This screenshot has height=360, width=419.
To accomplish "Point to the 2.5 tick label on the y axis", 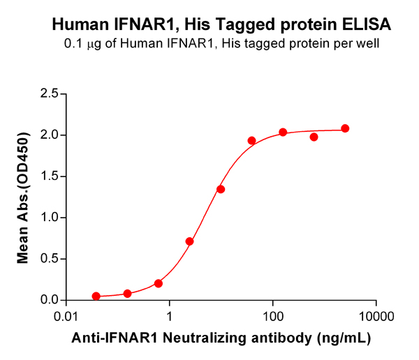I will (48, 93).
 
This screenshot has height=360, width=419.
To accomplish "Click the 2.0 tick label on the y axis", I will (48, 135).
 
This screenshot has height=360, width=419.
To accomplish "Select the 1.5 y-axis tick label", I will (48, 176).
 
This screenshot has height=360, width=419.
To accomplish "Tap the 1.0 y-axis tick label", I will (48, 217).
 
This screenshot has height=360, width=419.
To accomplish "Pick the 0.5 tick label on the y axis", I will (48, 259).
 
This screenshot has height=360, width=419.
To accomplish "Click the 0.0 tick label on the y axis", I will (48, 300).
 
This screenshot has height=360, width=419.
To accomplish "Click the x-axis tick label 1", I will (169, 315).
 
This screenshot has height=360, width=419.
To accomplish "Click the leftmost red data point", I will (96, 297).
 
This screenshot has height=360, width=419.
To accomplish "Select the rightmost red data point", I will (345, 128).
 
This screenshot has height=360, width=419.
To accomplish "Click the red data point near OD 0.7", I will (189, 241).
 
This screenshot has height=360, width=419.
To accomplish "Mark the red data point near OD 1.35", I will (221, 189).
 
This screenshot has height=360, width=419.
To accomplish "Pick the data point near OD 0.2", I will (159, 283).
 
